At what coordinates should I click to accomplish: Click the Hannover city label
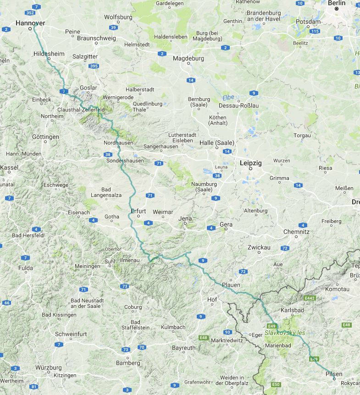[x=30, y=22]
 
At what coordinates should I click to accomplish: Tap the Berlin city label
[x=336, y=3]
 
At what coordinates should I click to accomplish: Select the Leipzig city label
[x=251, y=163]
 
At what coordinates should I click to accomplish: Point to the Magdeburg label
[x=188, y=58]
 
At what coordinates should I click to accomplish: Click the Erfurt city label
[x=138, y=211]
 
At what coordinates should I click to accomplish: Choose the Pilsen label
[x=333, y=374]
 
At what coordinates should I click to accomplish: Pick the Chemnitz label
[x=296, y=232]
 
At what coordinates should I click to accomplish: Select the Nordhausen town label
[x=119, y=143]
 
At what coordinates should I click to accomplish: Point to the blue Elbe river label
[x=228, y=98]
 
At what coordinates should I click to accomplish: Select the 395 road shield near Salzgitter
[x=94, y=66]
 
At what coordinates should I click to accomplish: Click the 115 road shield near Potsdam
[x=314, y=31]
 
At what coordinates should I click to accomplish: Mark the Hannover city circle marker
[x=31, y=28]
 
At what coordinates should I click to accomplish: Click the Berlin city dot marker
[x=336, y=9]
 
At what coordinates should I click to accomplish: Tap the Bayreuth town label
[x=183, y=348]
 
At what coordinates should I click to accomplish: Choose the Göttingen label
[x=46, y=137]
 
